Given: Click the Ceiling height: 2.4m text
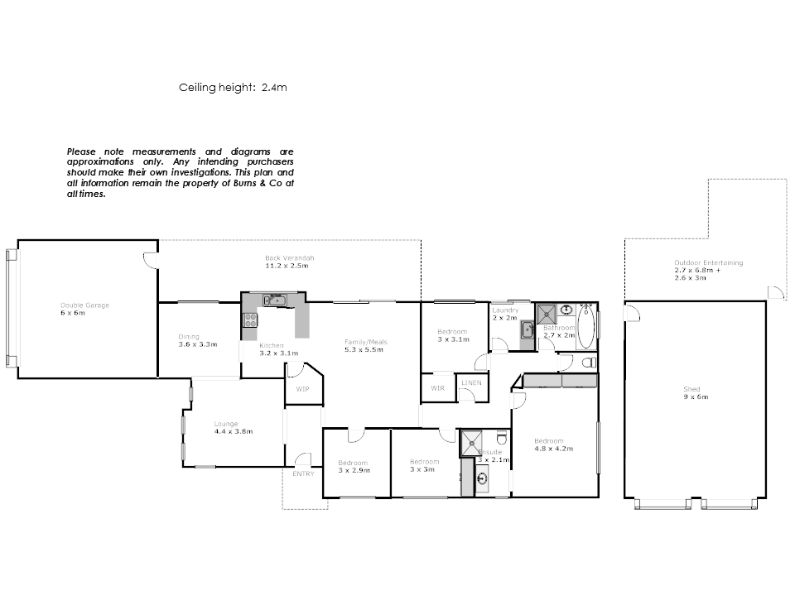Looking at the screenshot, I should [233, 86].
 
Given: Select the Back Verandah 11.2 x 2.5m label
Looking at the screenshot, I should [289, 262].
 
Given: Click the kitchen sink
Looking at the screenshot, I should [274, 300].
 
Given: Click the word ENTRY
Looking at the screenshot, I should [303, 474].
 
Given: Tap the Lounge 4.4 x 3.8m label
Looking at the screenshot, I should [233, 427].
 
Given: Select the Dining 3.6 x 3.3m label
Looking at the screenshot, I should [197, 339].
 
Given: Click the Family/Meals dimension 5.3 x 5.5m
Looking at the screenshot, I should [366, 349].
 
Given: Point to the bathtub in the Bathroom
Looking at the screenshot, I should [585, 327].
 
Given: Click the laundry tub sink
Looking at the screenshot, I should [527, 330].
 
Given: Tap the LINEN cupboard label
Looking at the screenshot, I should [471, 382].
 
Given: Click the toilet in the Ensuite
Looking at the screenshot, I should [500, 439].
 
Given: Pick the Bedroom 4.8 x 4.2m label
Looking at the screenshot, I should [554, 445].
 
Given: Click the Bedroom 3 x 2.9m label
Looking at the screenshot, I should [354, 466].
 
